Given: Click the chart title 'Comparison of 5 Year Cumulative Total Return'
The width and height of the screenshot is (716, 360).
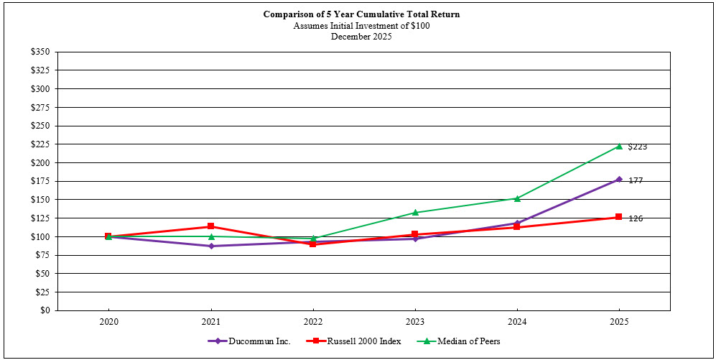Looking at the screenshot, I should tap(361, 14).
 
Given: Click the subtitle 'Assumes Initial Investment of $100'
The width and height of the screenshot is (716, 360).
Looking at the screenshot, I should tap(361, 26).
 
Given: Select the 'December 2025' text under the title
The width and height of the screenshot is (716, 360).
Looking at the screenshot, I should tap(361, 37).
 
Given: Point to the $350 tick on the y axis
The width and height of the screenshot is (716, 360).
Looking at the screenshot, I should tap(41, 52).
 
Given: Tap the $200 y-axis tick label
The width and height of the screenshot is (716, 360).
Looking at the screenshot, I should tap(41, 162).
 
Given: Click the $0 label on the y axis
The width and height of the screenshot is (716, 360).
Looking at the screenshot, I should tap(46, 310).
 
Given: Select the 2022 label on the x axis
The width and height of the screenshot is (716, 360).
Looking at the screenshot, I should tap(312, 323).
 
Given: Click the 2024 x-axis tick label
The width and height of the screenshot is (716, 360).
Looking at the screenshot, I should tap(516, 323).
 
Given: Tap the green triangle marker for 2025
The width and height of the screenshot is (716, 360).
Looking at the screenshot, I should tap(618, 146).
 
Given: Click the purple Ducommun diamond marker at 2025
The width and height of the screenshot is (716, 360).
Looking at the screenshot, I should tap(618, 180).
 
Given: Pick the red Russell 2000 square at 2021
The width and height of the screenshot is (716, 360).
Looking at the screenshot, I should tap(210, 226).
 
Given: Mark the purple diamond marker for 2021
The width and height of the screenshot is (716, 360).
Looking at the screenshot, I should tap(210, 246).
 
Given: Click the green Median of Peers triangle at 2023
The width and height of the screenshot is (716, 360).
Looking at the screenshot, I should tap(414, 212).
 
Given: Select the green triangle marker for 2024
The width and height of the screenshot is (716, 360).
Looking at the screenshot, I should tap(516, 198).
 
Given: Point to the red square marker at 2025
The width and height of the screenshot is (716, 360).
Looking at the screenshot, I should tap(618, 217).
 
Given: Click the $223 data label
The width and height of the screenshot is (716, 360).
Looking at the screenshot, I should tap(637, 147).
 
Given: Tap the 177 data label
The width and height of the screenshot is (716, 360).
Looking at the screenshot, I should tap(636, 180).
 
